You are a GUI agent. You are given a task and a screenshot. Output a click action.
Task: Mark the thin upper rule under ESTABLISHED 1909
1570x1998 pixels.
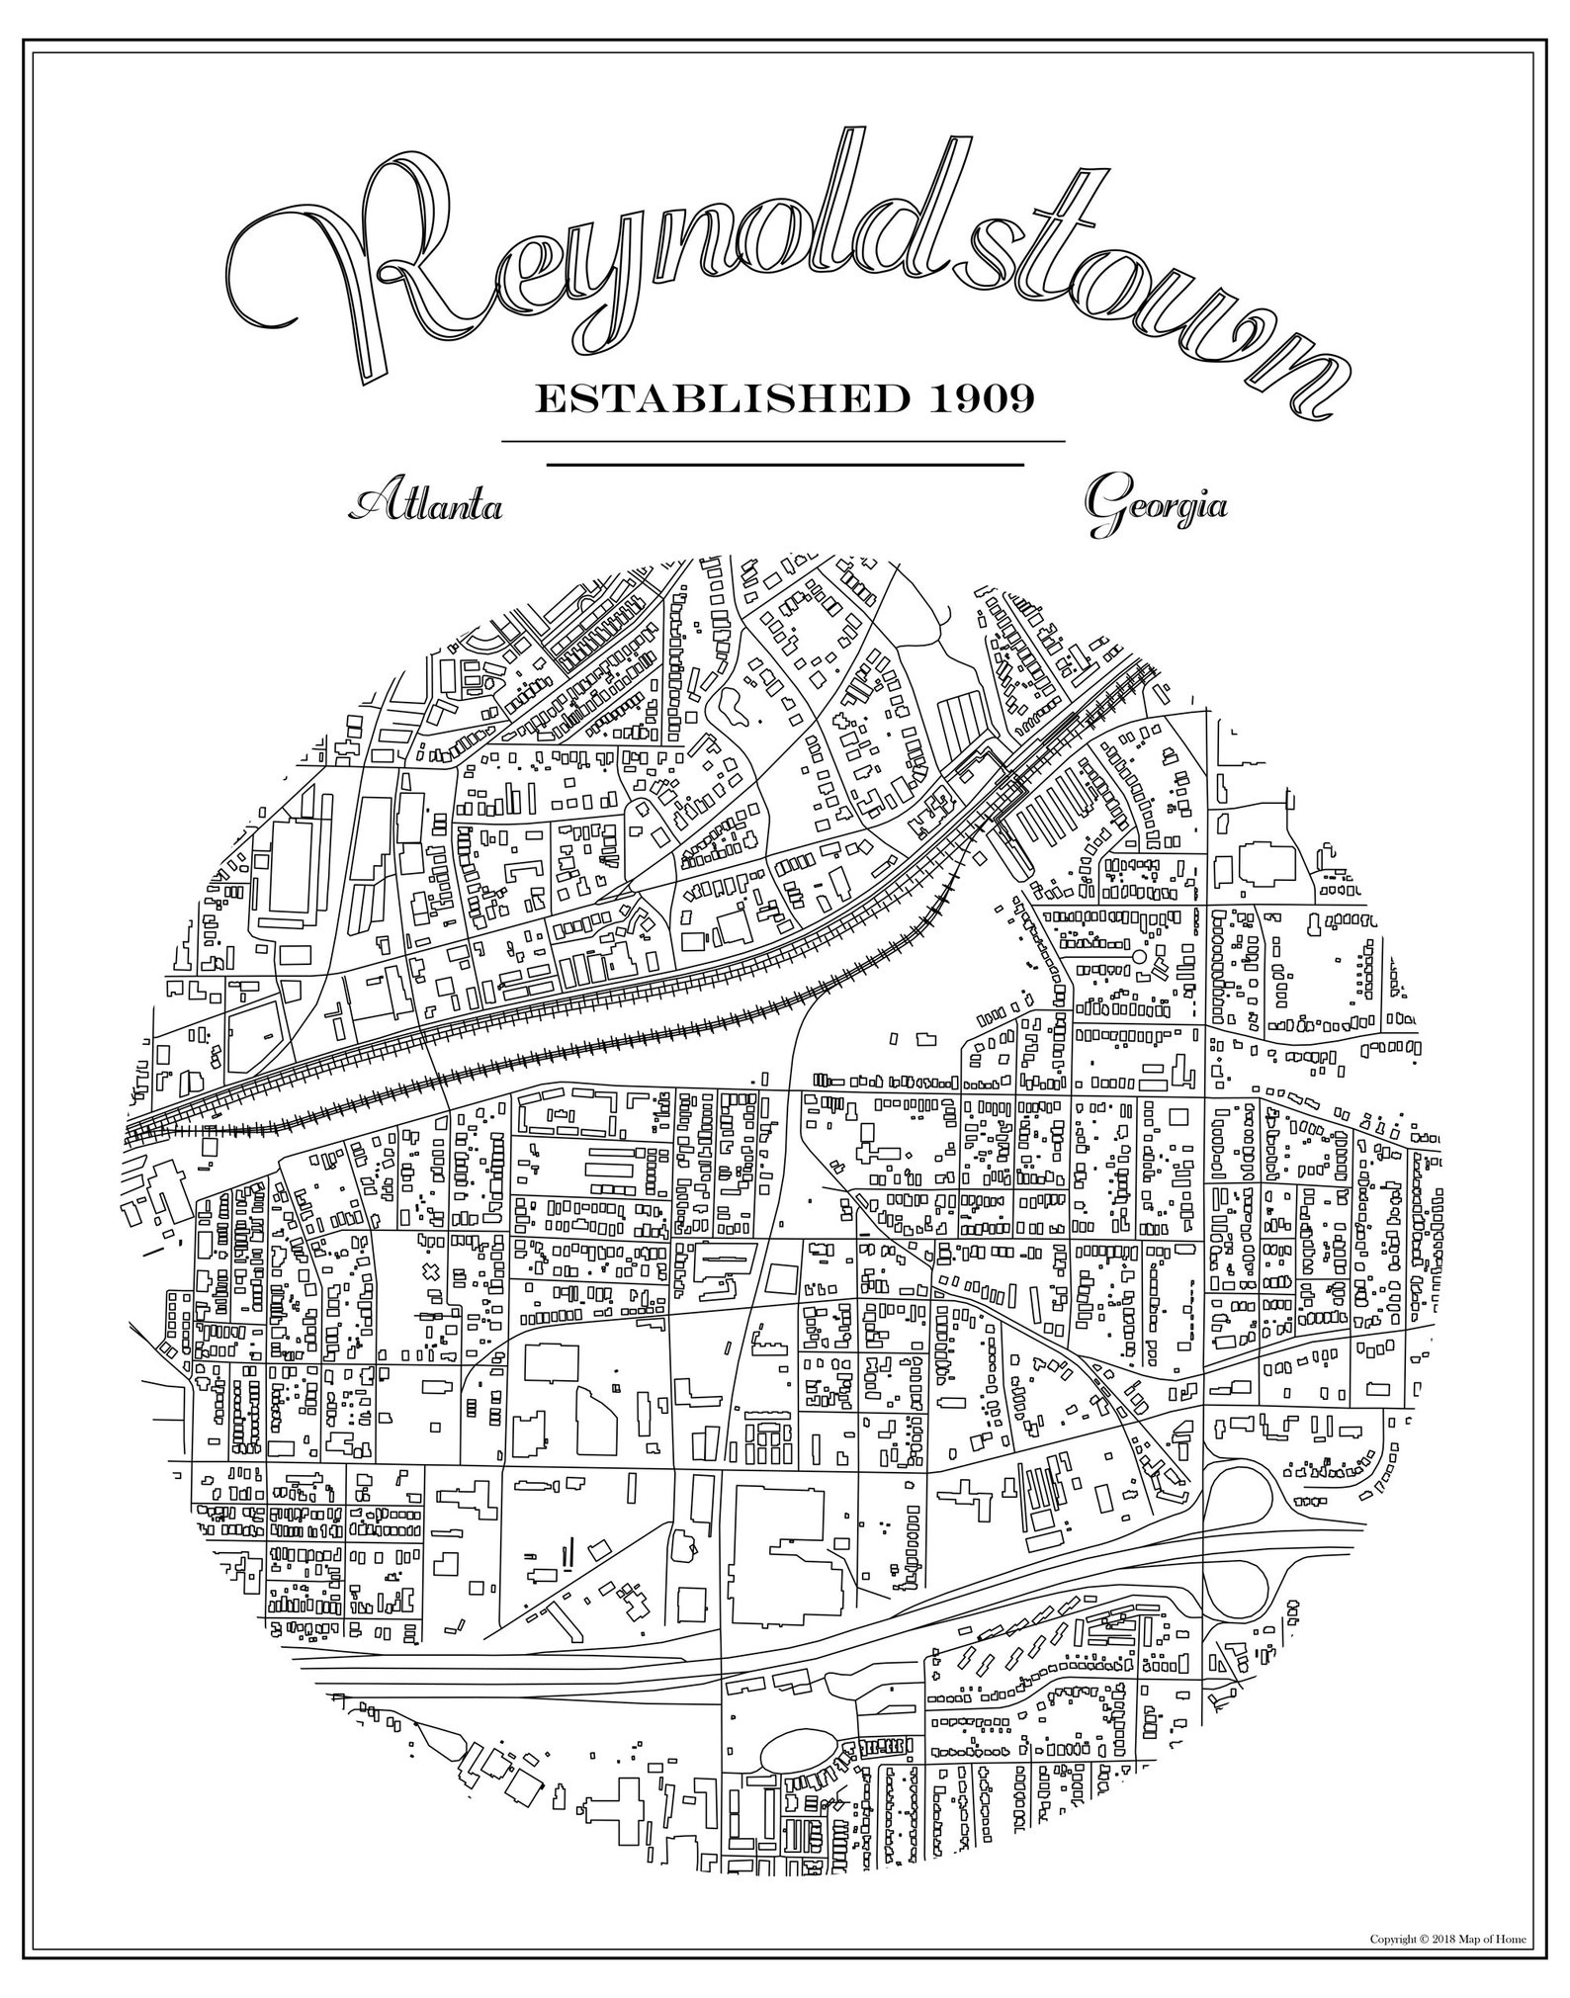tap(783, 441)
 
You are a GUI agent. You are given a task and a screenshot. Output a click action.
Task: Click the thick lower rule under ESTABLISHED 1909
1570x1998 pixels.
tap(785, 464)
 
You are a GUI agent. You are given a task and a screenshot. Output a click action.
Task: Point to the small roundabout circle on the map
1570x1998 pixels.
tap(1138, 957)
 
